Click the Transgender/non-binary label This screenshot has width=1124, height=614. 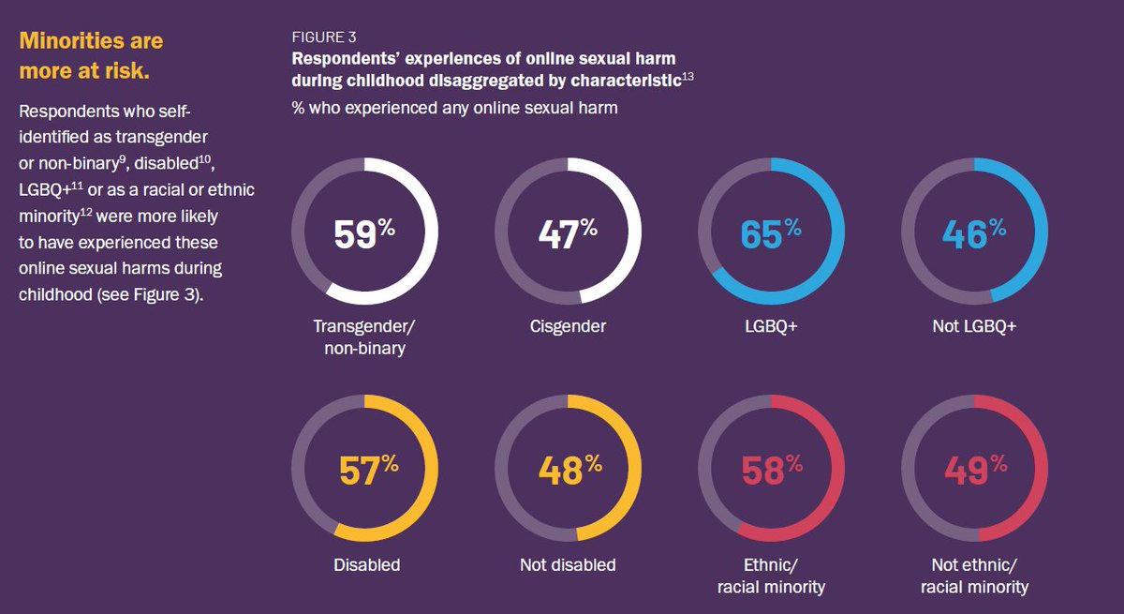click(364, 337)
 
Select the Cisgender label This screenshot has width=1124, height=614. click(568, 326)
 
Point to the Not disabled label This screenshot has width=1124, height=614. click(568, 564)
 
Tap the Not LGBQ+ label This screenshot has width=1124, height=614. click(974, 326)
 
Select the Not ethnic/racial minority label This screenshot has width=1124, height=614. click(974, 576)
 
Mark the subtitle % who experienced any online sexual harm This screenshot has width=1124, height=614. click(454, 108)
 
